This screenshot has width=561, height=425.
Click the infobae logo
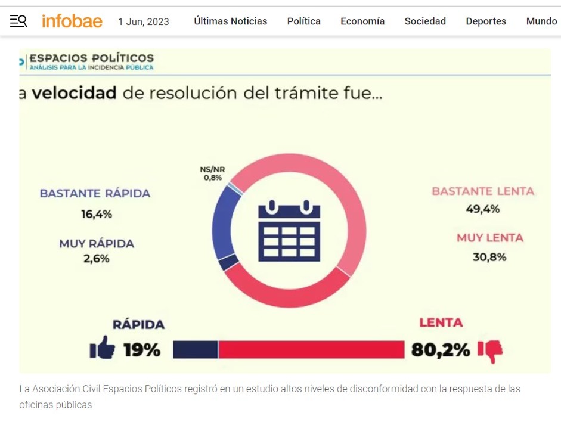tap(72, 21)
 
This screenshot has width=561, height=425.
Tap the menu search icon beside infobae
tap(18, 21)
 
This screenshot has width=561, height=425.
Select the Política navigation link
tap(303, 21)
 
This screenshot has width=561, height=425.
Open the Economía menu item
tap(362, 21)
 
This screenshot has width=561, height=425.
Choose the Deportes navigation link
tap(486, 21)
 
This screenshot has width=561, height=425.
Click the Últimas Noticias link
tap(230, 21)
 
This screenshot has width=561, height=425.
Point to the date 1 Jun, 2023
tap(143, 22)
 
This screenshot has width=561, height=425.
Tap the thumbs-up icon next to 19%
tap(103, 348)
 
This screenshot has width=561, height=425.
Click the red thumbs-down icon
tap(491, 350)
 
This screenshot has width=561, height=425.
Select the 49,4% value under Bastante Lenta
tap(483, 209)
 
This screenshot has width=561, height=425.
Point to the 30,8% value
tap(490, 257)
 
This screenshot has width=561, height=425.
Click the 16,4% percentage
tap(97, 214)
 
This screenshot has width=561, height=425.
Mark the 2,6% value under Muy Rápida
tap(97, 259)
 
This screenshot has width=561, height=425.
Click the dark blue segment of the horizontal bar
tap(196, 349)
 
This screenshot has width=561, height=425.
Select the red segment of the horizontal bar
tap(311, 349)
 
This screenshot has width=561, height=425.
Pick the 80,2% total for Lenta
tap(441, 350)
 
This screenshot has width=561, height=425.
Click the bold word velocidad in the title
tap(74, 94)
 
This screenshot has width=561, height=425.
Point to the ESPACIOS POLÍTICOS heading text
tap(92, 58)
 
